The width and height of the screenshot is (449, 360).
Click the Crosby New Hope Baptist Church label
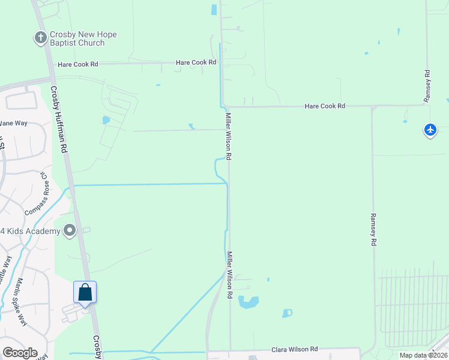click(83, 39)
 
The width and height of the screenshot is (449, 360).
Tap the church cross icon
click(40, 38)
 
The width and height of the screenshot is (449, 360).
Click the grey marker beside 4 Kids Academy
click(70, 230)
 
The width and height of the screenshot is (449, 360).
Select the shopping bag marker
click(85, 293)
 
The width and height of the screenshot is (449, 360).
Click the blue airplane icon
click(430, 130)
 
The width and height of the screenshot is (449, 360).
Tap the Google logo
click(20, 353)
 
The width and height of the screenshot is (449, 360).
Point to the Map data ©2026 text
click(423, 355)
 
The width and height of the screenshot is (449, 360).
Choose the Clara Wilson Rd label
click(295, 349)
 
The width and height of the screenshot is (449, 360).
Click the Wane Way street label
click(13, 123)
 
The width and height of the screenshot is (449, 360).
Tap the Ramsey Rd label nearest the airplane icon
click(427, 86)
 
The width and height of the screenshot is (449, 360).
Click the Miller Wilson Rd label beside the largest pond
click(229, 276)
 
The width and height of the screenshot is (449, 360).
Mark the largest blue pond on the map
click(248, 302)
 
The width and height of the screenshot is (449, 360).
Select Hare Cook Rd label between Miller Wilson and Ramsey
click(325, 106)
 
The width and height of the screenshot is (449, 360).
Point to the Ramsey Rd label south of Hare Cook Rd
click(373, 229)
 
